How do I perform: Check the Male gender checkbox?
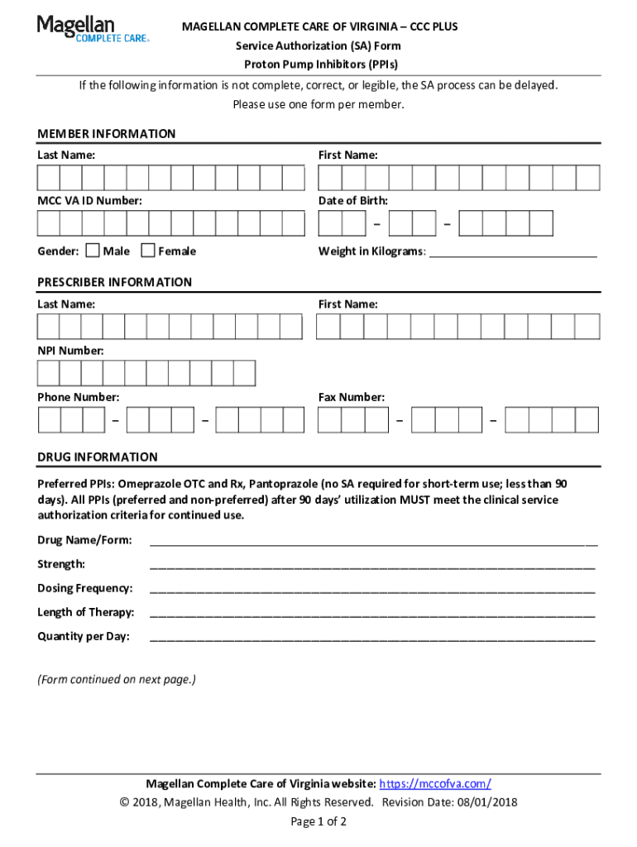[93, 251]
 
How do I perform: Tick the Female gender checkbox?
[148, 251]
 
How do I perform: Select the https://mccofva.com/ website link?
[436, 784]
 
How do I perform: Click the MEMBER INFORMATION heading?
[106, 134]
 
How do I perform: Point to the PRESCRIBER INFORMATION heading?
[114, 282]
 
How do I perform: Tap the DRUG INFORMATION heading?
[97, 457]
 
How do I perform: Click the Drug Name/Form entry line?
[372, 543]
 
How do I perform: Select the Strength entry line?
[372, 567]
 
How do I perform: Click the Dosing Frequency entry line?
[372, 591]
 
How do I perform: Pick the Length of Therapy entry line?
[372, 615]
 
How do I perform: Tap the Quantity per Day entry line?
[372, 639]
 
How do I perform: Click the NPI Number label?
[70, 352]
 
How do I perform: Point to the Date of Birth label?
[352, 201]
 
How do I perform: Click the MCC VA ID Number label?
[89, 201]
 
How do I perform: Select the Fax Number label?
[351, 398]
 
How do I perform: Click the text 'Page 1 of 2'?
[318, 821]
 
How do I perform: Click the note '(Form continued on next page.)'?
[117, 680]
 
